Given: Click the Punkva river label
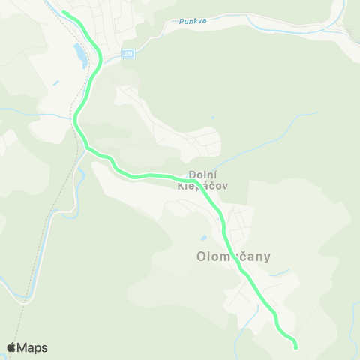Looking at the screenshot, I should click(193, 22).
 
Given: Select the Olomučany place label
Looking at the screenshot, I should click(233, 256).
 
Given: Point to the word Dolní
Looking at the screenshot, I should click(202, 174).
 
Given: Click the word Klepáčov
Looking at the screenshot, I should click(202, 185).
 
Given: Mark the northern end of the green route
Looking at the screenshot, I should click(64, 12).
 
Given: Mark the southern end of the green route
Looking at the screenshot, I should click(295, 347).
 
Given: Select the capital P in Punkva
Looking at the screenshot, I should click(181, 22).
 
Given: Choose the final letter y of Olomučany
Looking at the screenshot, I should click(266, 258).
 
